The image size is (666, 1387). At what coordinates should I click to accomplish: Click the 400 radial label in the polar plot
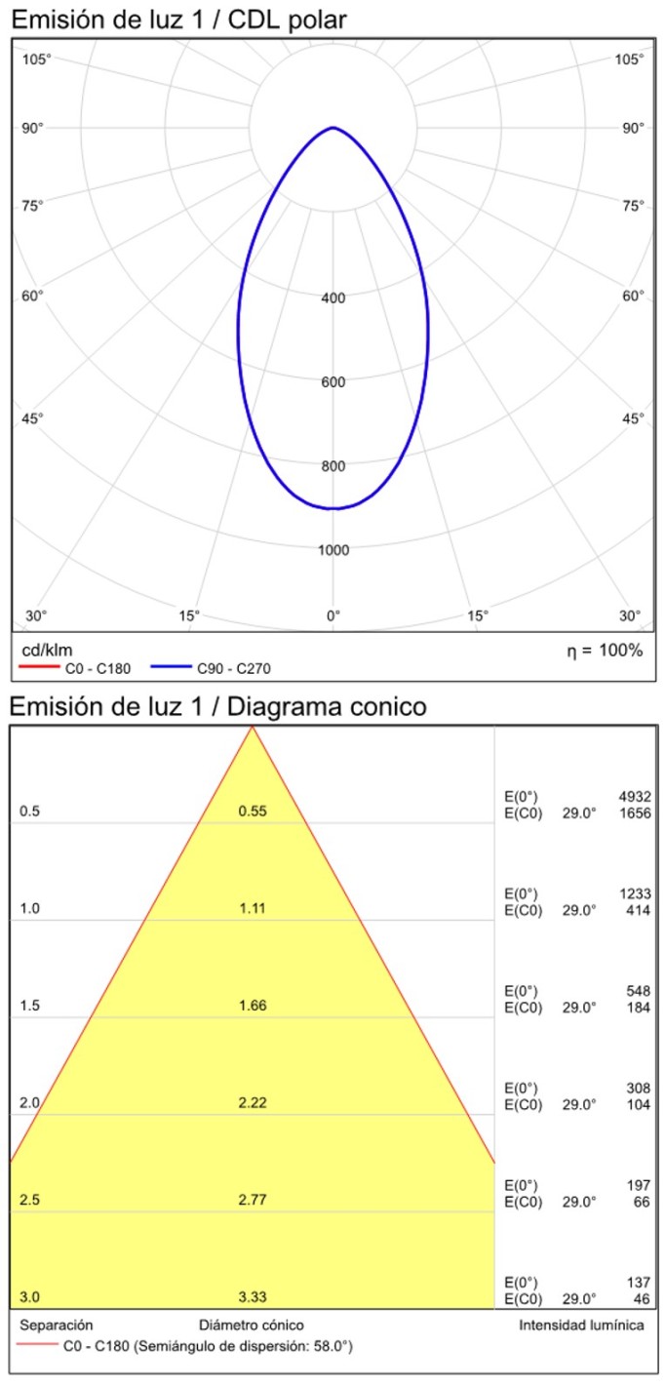coord(333,298)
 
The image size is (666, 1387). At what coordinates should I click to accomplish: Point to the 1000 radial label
coord(333,550)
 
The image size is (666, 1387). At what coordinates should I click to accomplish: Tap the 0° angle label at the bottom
coord(333,615)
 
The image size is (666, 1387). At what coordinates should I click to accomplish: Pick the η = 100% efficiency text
coord(605,651)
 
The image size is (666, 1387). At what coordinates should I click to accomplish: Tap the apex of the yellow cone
coord(253,728)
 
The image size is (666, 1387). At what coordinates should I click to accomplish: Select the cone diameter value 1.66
coord(253,1006)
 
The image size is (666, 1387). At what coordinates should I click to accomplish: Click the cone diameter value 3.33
coord(253,1296)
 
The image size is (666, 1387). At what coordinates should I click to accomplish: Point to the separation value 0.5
coord(29,812)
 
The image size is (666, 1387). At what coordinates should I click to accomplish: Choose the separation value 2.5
coord(29,1200)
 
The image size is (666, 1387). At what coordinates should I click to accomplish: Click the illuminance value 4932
coord(635,797)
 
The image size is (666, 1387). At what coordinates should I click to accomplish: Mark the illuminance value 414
coord(639,910)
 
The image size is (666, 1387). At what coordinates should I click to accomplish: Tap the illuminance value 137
coord(639,1282)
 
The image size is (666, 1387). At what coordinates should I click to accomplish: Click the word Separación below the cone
coord(57,1325)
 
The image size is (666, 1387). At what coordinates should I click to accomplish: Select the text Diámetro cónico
coord(252,1325)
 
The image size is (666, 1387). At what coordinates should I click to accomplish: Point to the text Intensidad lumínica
coord(580,1325)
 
